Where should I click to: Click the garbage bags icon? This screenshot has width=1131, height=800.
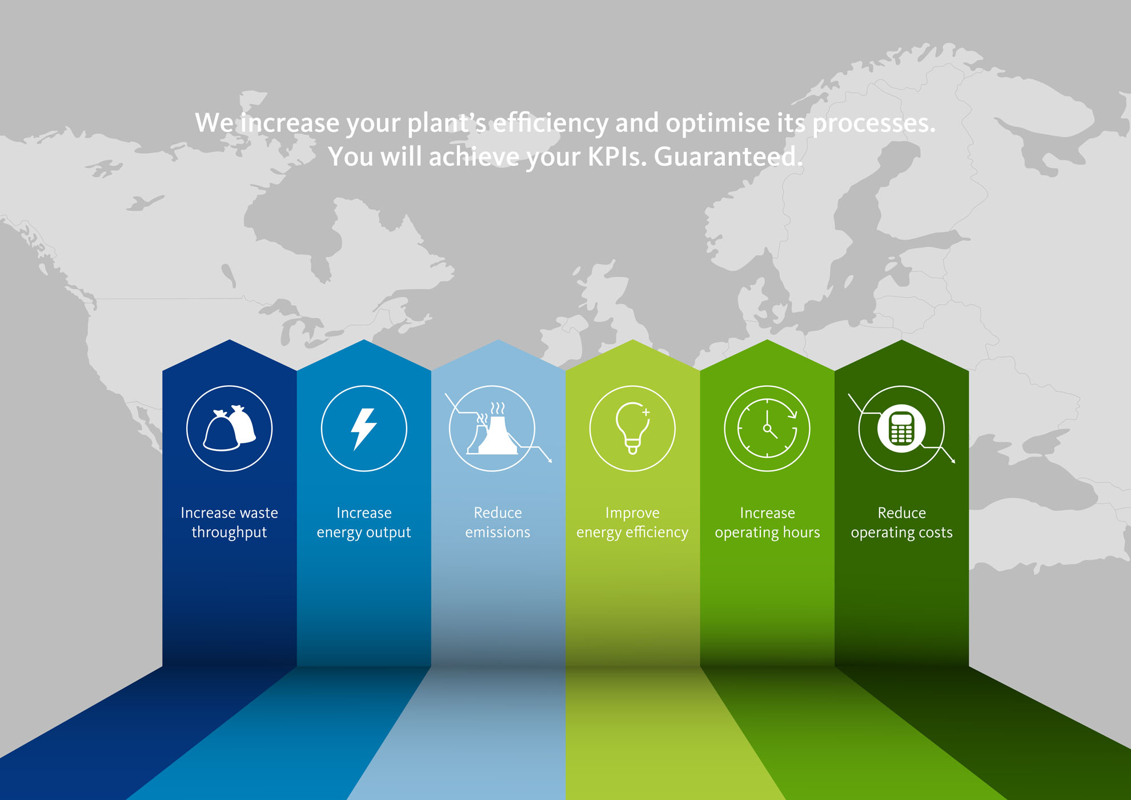click(x=230, y=428)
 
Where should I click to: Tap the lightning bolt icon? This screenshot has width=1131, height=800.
click(x=364, y=429)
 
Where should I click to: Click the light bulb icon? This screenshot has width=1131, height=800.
click(x=632, y=429)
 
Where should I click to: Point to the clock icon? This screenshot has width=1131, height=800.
click(x=767, y=429)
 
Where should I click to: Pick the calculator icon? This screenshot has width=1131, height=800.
click(x=901, y=429)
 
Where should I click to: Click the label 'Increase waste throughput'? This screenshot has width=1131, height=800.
click(x=230, y=522)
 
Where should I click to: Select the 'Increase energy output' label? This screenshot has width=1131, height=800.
click(x=364, y=522)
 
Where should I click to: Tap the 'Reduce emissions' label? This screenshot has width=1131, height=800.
click(x=498, y=522)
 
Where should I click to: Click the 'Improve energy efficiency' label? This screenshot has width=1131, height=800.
click(x=632, y=522)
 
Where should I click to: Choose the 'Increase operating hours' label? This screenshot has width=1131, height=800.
click(x=767, y=522)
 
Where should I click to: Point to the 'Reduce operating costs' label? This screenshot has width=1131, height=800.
click(x=901, y=522)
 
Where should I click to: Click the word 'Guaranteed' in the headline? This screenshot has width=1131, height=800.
click(x=725, y=157)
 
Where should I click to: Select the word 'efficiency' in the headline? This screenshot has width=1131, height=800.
click(x=551, y=123)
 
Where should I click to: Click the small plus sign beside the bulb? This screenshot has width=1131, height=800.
click(x=645, y=411)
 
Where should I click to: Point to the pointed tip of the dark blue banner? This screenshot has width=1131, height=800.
click(x=230, y=340)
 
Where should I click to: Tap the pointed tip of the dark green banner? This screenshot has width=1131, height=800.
click(x=901, y=340)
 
